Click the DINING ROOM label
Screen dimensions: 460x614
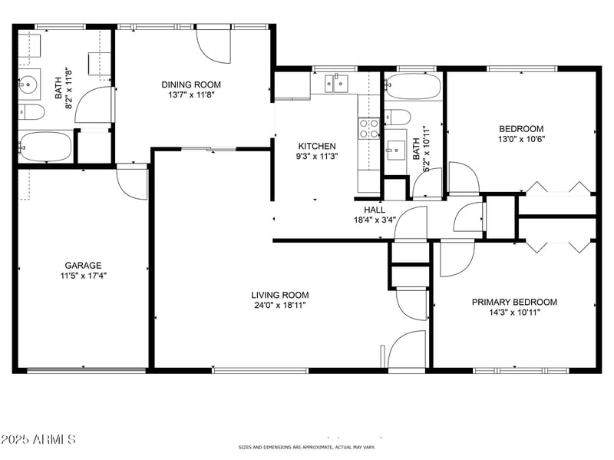click(191, 84)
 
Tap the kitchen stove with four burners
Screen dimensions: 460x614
click(369, 127)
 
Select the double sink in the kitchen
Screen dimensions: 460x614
click(335, 82)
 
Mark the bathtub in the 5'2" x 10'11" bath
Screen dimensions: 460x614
click(413, 86)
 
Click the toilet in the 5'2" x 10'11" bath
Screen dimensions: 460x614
click(396, 117)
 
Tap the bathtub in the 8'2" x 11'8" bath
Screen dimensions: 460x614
click(45, 146)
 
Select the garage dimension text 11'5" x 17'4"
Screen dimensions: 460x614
click(83, 276)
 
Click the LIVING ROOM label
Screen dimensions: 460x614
click(280, 295)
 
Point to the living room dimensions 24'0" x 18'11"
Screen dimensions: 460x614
click(280, 306)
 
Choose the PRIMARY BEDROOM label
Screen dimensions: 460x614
click(514, 302)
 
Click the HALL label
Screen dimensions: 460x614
click(375, 210)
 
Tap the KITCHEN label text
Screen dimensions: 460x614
click(317, 146)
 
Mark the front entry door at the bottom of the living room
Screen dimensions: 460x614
click(406, 351)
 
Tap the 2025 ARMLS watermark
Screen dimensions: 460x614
click(38, 440)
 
